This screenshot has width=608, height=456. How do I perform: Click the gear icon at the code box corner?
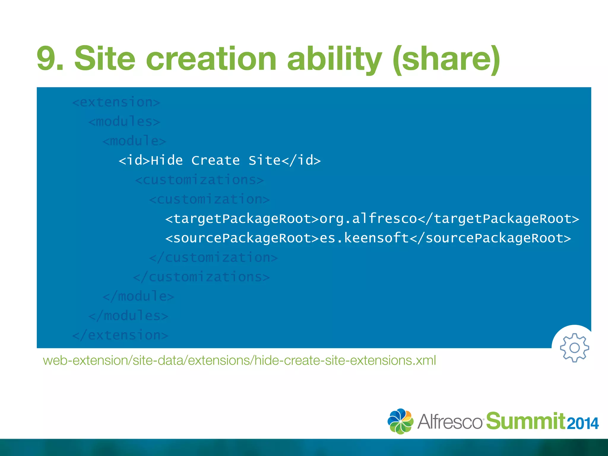[x=574, y=348]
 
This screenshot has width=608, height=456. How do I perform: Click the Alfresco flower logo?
[x=400, y=421]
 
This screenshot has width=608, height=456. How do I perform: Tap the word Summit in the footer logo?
[x=525, y=421]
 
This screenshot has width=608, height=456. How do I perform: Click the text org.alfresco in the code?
[x=368, y=219]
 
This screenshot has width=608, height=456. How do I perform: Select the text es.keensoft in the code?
[x=364, y=238]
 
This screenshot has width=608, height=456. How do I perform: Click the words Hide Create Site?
[x=216, y=161]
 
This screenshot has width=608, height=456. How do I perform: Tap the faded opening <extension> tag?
[x=116, y=102]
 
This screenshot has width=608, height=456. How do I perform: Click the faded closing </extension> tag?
[x=120, y=335]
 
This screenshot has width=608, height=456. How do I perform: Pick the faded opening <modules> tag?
[x=124, y=122]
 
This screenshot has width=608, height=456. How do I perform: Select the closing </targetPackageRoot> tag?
[x=498, y=219]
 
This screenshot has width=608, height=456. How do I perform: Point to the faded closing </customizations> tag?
[x=201, y=277]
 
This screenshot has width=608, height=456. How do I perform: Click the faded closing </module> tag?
[x=138, y=296]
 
